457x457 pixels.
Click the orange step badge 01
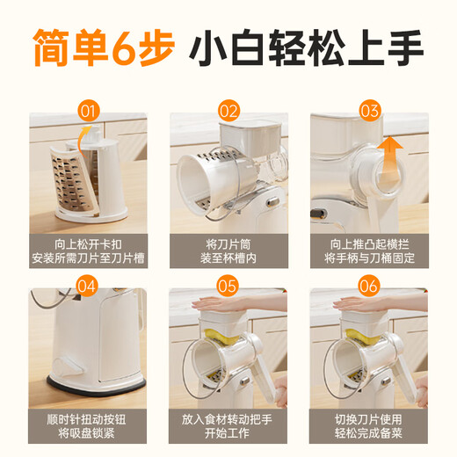[x=89, y=111]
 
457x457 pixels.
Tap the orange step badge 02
[x=228, y=111]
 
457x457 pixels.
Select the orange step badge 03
[x=370, y=111]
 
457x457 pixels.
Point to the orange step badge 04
[x=87, y=287]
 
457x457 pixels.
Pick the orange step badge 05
[x=228, y=287]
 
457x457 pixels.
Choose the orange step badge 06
[x=369, y=287]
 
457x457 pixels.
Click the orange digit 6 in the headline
[x=125, y=48]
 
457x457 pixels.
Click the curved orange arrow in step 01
[x=83, y=141]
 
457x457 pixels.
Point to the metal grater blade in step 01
[x=72, y=181]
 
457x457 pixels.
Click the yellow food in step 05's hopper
[x=221, y=336]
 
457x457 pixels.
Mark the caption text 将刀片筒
[x=228, y=244]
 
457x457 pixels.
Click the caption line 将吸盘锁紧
[x=86, y=433]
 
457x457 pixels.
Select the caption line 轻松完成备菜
[x=368, y=433]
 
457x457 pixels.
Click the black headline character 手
[x=406, y=47]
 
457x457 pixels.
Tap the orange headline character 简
[x=50, y=47]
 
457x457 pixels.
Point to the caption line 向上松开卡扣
[x=88, y=244]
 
